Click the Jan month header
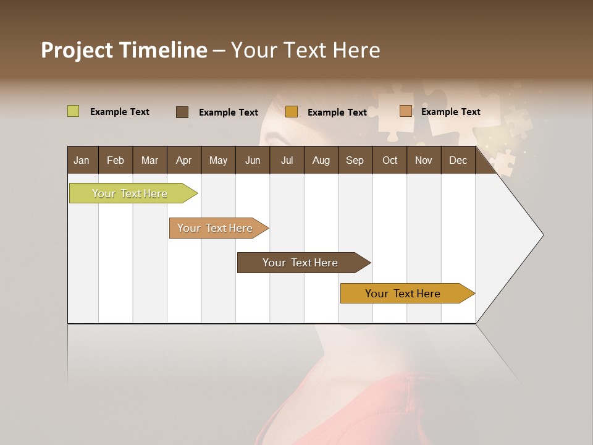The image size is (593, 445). (x=82, y=160)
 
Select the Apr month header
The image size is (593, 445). (x=183, y=160)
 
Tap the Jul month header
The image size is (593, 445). (x=287, y=160)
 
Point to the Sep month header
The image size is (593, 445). (x=355, y=160)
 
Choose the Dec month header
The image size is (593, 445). (x=458, y=160)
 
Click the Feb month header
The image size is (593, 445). (x=116, y=160)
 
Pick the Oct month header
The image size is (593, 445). (x=390, y=160)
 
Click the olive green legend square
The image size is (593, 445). (x=73, y=111)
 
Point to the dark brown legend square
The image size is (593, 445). (x=182, y=112)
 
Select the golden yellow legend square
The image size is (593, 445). (x=292, y=112)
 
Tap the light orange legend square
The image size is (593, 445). (x=405, y=111)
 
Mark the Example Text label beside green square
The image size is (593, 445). (x=120, y=112)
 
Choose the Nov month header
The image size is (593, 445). (x=424, y=160)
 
